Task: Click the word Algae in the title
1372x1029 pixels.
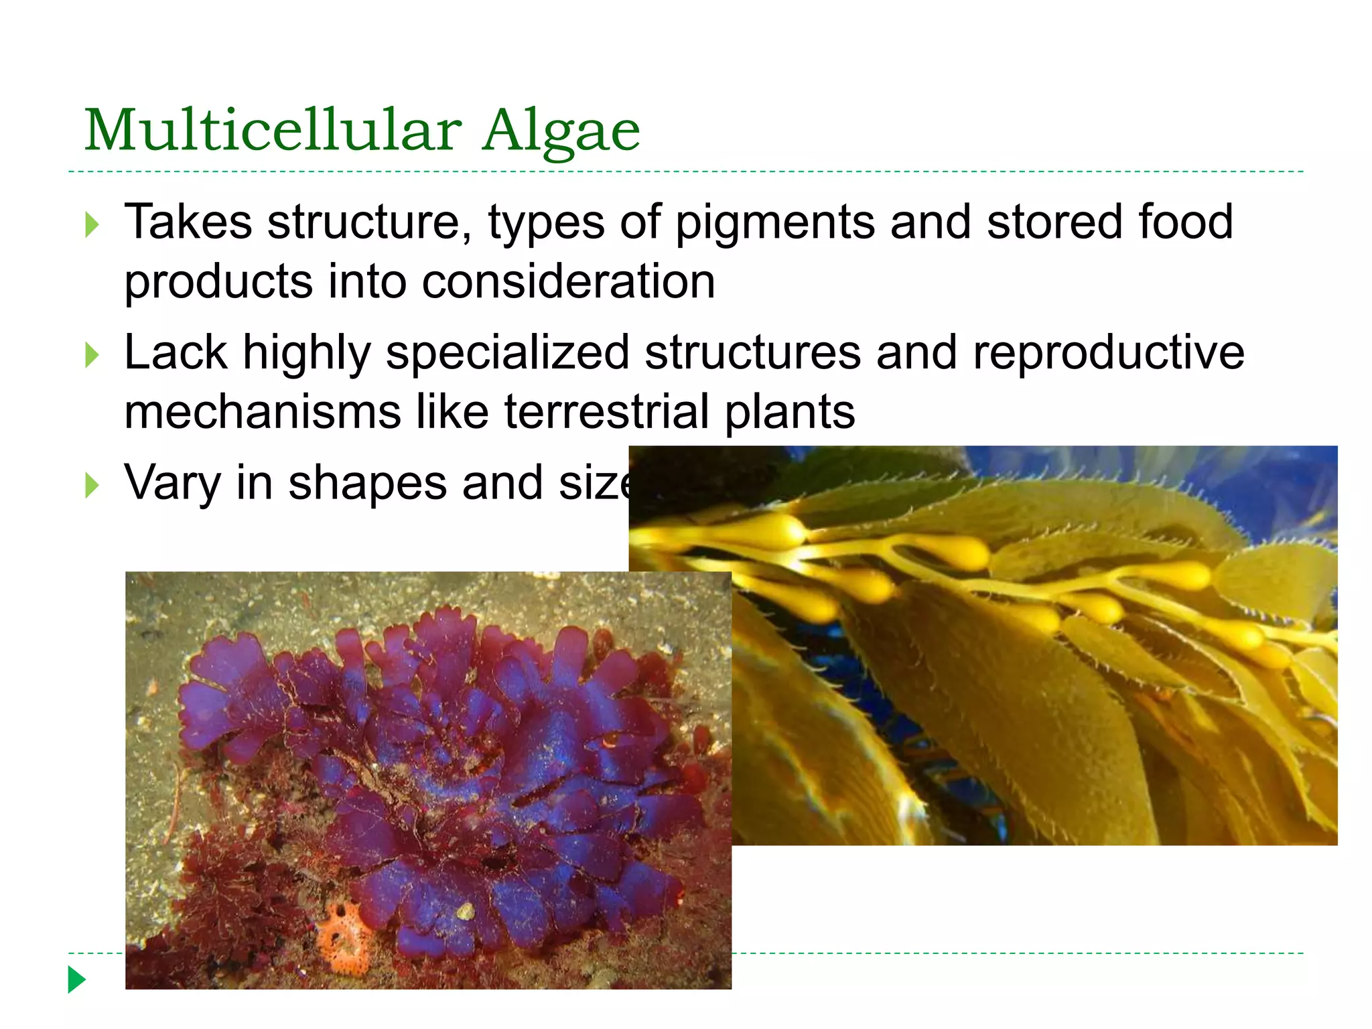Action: click(561, 131)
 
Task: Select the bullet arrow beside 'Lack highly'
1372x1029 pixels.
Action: click(92, 355)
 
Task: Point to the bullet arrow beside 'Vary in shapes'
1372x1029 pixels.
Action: click(92, 484)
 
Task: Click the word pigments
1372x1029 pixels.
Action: click(774, 223)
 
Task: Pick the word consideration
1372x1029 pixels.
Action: click(568, 281)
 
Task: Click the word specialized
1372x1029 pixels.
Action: click(507, 353)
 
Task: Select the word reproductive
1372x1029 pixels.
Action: click(1108, 353)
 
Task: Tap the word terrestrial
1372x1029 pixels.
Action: click(606, 411)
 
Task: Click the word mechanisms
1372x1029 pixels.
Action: click(263, 411)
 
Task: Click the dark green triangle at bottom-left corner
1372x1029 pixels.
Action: click(77, 979)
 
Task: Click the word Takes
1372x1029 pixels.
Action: click(188, 222)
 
